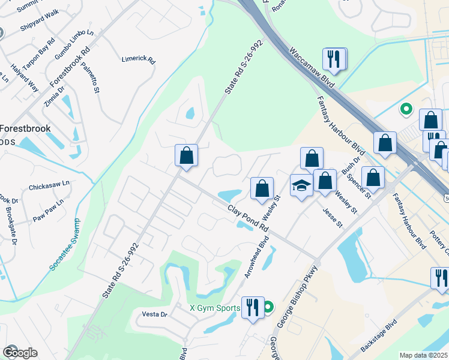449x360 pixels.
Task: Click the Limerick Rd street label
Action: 139,61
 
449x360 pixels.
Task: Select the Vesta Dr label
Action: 154,314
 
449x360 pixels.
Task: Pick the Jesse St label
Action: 331,218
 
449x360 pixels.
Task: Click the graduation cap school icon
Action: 301,185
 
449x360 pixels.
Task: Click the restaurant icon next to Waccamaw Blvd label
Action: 333,59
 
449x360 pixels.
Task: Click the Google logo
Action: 20,352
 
